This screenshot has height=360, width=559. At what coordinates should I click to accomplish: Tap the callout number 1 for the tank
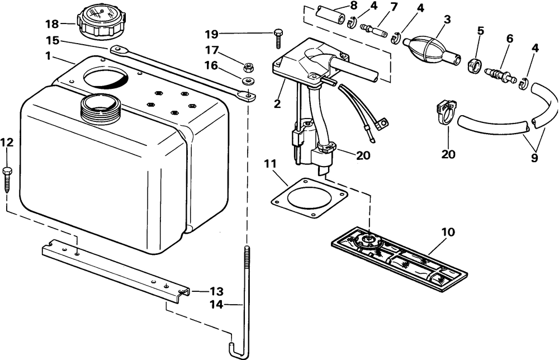point(48,56)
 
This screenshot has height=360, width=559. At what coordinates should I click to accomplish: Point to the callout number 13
point(216,291)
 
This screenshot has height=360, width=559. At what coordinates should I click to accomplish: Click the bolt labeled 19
point(278,39)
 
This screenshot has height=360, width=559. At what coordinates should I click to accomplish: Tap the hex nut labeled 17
point(248,67)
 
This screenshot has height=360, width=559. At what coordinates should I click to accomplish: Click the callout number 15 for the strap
point(53,41)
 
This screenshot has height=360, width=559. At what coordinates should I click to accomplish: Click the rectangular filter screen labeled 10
point(399,259)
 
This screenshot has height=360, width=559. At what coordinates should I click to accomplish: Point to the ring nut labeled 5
point(475,67)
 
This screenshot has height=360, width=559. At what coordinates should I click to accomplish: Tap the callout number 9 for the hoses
point(534,157)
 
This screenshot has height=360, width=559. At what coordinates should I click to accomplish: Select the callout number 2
point(277,104)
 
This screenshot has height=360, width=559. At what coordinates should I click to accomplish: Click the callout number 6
point(509,39)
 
